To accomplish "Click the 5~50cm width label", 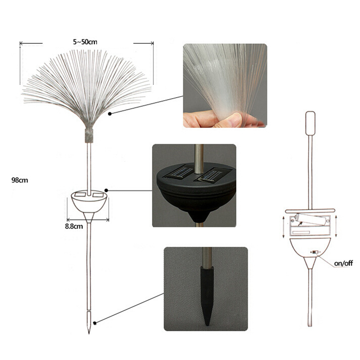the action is (x=85, y=42).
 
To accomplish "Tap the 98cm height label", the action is (x=20, y=180).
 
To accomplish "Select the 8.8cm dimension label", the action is (x=74, y=226).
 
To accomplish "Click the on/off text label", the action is (x=343, y=263).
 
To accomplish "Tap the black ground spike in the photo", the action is (x=207, y=296).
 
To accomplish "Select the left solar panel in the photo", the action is (x=179, y=172).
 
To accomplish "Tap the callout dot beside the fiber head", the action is (x=110, y=114).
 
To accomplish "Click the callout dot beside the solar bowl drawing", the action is (x=106, y=190).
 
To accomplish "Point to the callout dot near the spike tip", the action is (x=94, y=323).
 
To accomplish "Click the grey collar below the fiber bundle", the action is (x=89, y=136).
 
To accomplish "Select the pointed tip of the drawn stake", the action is (x=89, y=333).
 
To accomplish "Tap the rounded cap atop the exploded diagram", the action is (x=310, y=123).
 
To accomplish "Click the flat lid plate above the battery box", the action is (x=310, y=211).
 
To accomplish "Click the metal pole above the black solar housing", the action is (x=199, y=159).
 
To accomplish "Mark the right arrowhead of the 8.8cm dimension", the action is (x=107, y=220).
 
